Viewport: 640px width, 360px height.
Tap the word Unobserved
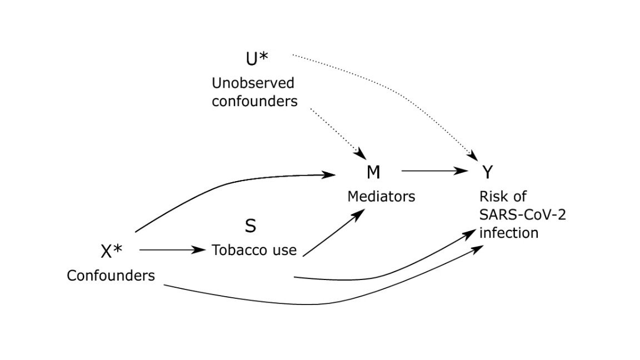pos(253,83)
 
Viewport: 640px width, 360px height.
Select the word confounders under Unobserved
pos(254,102)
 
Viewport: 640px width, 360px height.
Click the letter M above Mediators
pos(373,173)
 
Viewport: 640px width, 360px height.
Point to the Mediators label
pos(381,197)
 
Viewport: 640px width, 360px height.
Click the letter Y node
pos(487,173)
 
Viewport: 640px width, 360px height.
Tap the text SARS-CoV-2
pos(522,214)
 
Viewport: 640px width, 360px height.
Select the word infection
pos(508,232)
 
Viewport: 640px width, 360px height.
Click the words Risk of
pos(503,197)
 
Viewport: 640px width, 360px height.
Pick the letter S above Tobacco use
pos(251,226)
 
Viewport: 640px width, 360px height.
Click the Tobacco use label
pos(254,250)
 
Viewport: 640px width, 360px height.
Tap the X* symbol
pos(112,252)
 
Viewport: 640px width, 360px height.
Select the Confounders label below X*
pos(111,276)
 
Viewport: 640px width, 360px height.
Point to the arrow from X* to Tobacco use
pos(172,250)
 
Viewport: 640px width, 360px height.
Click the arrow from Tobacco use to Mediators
pos(333,233)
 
